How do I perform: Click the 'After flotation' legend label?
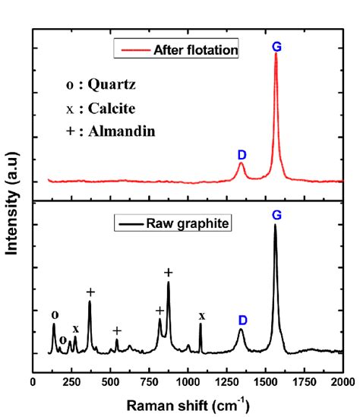pyautogui.click(x=196, y=50)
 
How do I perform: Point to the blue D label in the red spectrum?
pyautogui.click(x=242, y=154)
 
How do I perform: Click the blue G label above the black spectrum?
pyautogui.click(x=276, y=216)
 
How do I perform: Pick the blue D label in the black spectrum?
pyautogui.click(x=242, y=320)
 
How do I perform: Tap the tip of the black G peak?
pyautogui.click(x=275, y=225)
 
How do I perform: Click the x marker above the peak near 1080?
pyautogui.click(x=201, y=315)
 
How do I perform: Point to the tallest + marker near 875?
pyautogui.click(x=169, y=273)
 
